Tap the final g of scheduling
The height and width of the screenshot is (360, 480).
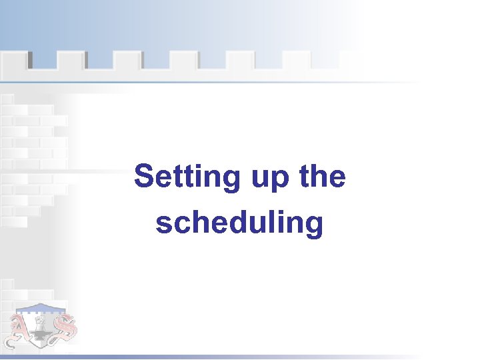point(314,227)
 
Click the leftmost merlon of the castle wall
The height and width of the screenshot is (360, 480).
point(14,61)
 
